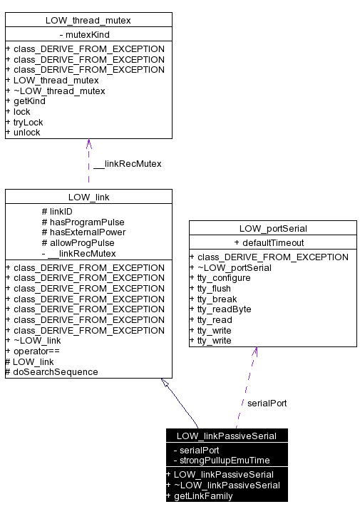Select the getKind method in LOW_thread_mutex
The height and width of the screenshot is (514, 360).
(x=29, y=101)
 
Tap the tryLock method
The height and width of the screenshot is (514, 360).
(x=28, y=122)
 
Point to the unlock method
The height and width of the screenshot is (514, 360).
(x=27, y=133)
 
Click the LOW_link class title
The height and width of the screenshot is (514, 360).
(x=88, y=196)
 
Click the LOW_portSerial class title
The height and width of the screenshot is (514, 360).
(x=272, y=228)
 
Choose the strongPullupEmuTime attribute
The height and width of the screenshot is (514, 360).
(x=225, y=461)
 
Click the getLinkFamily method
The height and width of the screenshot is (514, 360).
(x=202, y=495)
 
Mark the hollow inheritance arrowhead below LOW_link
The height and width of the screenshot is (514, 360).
(x=165, y=383)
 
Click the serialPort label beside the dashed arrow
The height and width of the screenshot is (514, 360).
(x=267, y=404)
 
